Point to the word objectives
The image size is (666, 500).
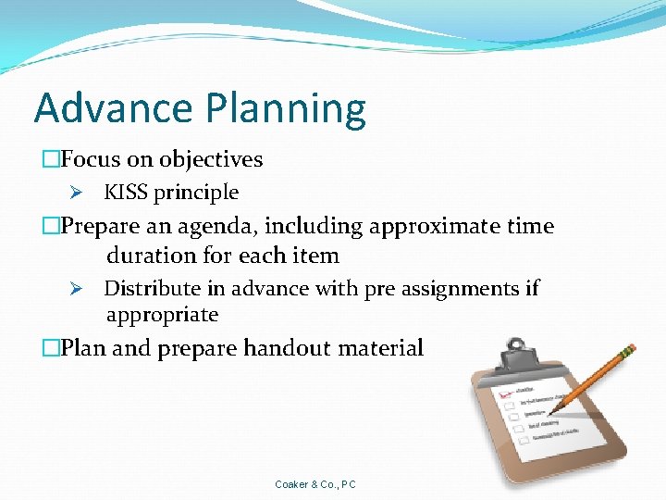click(x=211, y=160)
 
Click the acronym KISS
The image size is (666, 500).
click(x=126, y=193)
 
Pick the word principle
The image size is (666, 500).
click(x=196, y=194)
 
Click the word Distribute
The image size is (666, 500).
click(x=152, y=289)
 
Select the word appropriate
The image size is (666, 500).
click(x=162, y=315)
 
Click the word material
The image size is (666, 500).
click(x=381, y=348)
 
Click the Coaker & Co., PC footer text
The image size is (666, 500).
click(x=315, y=484)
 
